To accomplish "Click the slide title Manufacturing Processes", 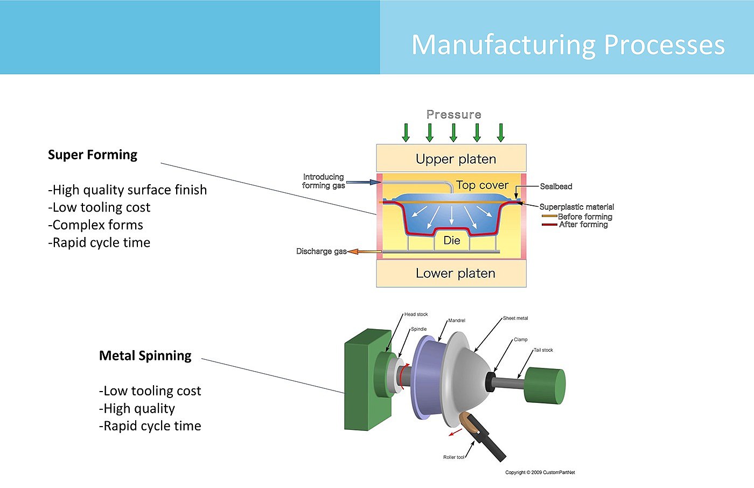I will (x=568, y=45).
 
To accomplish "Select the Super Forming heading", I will (x=93, y=155).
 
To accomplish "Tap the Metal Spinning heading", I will (x=145, y=356).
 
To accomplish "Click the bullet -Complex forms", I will (x=96, y=225).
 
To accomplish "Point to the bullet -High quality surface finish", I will (x=128, y=190).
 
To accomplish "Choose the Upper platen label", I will (x=456, y=159).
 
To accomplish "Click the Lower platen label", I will (x=456, y=274).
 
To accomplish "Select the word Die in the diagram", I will (x=452, y=241).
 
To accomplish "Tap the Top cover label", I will (x=482, y=185).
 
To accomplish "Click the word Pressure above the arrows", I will (x=453, y=115).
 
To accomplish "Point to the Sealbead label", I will (x=556, y=186).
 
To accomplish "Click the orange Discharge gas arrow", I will (x=365, y=252).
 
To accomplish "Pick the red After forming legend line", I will (x=549, y=225).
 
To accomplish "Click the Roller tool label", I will (x=453, y=457).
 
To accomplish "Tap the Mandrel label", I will (x=457, y=320).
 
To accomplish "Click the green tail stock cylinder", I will (x=545, y=385).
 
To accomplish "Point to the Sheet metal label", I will (x=515, y=318).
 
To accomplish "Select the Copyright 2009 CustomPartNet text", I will (x=540, y=472).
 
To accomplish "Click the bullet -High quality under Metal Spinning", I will (x=137, y=409).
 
